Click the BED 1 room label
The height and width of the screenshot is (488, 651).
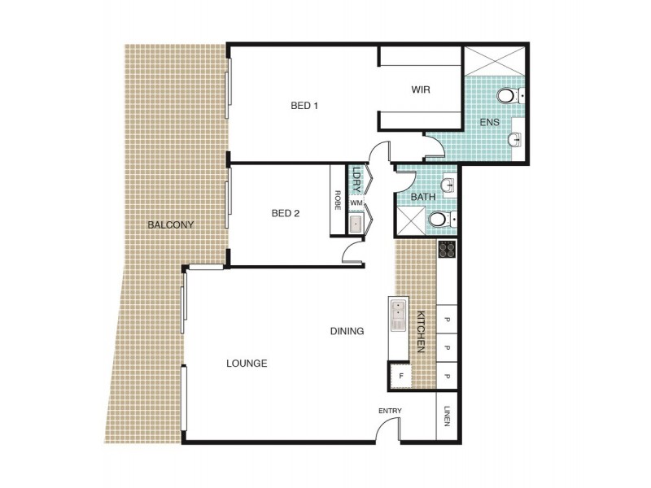click(x=304, y=106)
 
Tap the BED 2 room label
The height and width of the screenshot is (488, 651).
click(x=286, y=214)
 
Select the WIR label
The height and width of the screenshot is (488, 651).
click(x=420, y=89)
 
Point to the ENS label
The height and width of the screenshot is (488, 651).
click(x=489, y=123)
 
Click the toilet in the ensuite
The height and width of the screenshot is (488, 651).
click(x=508, y=97)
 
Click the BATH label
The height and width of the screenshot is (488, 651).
click(x=422, y=197)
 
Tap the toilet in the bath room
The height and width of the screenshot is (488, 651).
click(x=439, y=218)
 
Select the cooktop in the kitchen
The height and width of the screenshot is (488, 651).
click(x=446, y=250)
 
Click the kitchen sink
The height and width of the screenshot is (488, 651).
click(x=398, y=316)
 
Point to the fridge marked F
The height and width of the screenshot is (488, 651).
click(x=400, y=376)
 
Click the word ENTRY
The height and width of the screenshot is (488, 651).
click(x=390, y=411)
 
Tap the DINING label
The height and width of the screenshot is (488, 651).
click(x=347, y=331)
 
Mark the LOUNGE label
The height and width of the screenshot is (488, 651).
click(x=247, y=364)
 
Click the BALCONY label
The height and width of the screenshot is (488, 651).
click(x=170, y=224)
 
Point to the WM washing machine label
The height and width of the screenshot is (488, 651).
click(x=356, y=203)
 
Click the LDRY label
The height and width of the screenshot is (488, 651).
click(x=356, y=177)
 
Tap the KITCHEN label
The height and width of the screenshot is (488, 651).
click(x=422, y=331)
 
